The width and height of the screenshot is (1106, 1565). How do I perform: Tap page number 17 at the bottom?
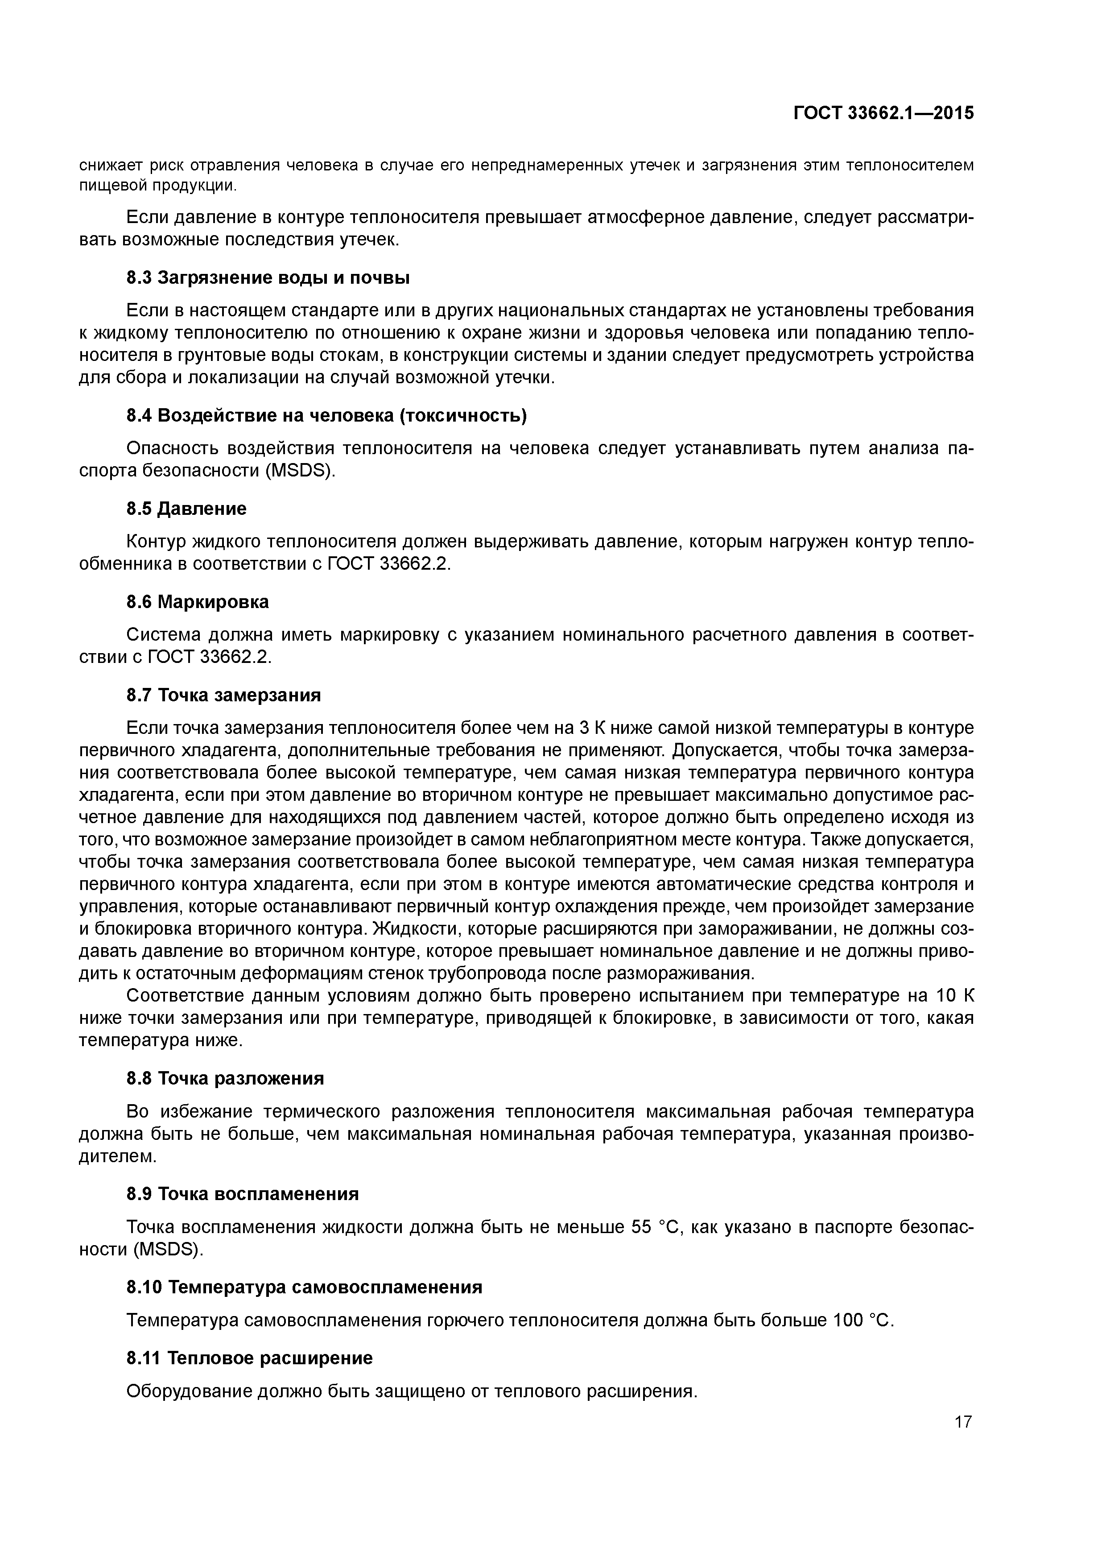963,1422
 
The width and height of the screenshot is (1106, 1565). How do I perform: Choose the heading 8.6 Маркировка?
198,602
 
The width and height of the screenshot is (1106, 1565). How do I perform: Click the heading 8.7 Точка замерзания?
223,695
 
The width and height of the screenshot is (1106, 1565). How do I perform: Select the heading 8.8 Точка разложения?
225,1078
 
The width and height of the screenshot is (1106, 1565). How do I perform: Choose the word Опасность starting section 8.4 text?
172,448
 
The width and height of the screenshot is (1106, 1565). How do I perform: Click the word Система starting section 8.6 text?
164,634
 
